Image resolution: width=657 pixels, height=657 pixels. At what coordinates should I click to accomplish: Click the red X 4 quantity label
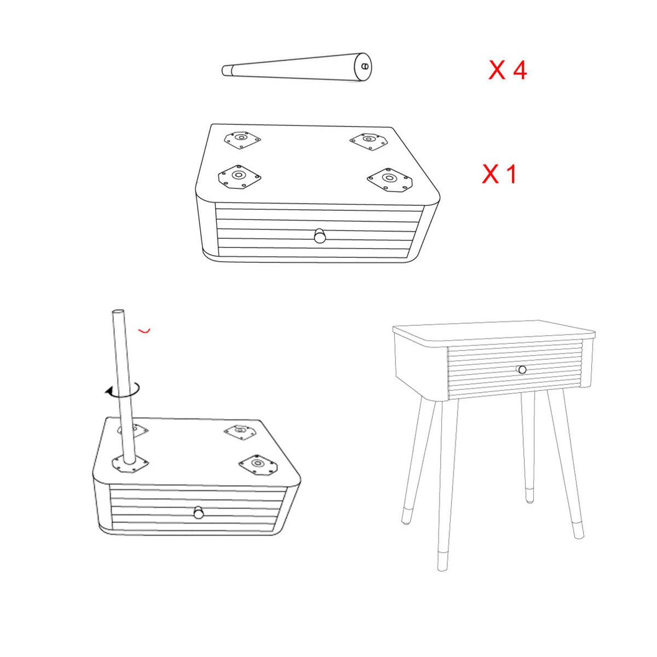(508, 71)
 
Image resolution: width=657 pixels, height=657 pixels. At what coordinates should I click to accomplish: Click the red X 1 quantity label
(499, 174)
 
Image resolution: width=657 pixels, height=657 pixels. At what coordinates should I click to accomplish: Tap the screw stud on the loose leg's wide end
(365, 66)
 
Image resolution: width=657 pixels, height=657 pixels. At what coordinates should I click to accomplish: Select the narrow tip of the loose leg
(226, 71)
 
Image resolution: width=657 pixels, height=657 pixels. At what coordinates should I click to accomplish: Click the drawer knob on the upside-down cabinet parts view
(320, 236)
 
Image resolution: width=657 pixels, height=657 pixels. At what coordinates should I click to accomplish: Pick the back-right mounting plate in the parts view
(369, 141)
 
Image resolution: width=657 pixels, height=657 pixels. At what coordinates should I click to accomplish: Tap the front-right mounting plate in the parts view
(389, 180)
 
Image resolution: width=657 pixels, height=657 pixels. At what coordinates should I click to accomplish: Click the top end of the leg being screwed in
(118, 312)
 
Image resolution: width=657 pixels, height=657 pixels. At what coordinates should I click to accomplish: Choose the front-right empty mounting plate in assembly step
(257, 464)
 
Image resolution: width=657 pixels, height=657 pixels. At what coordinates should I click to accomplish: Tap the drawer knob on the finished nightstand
(522, 369)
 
